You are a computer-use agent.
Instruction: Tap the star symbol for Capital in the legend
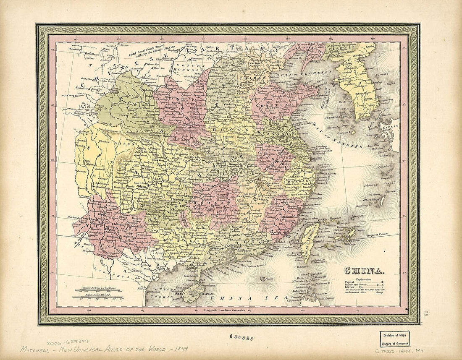(383, 282)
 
